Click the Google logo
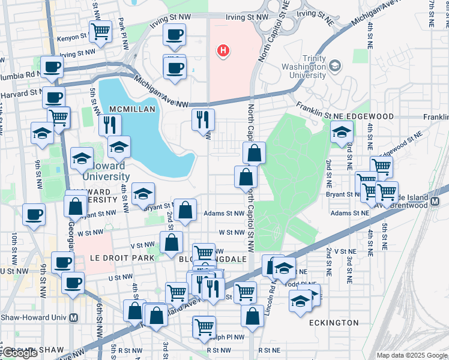[x=19, y=353]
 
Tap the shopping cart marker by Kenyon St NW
[x=100, y=30]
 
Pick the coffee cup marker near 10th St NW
[x=34, y=214]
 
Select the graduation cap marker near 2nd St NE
[x=342, y=131]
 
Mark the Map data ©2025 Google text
[x=411, y=355]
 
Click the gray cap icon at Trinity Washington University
[x=334, y=65]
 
